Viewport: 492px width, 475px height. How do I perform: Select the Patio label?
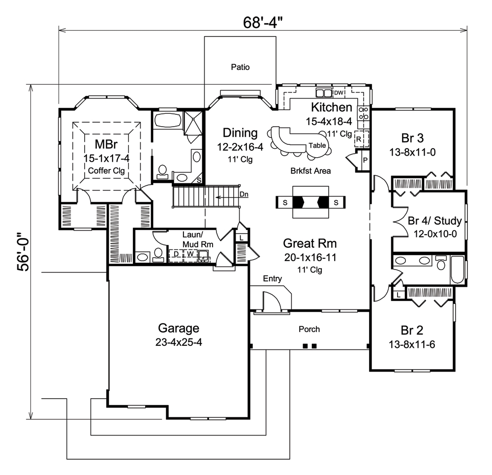pyautogui.click(x=240, y=68)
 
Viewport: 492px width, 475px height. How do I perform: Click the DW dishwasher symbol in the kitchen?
pyautogui.click(x=338, y=93)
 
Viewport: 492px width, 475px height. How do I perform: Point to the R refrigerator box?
pyautogui.click(x=359, y=139)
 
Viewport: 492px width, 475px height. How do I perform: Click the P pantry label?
pyautogui.click(x=365, y=161)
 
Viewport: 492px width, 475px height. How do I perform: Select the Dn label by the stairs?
pyautogui.click(x=244, y=194)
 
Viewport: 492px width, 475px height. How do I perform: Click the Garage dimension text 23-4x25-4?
pyautogui.click(x=179, y=342)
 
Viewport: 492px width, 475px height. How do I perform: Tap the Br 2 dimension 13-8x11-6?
pyautogui.click(x=411, y=344)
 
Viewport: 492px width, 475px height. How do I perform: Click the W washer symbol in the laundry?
pyautogui.click(x=189, y=254)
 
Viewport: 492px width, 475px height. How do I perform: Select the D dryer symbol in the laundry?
pyautogui.click(x=175, y=254)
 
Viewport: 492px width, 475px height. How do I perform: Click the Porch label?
pyautogui.click(x=309, y=329)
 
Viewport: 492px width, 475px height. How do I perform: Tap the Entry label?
pyautogui.click(x=272, y=279)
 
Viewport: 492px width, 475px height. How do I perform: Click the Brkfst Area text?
pyautogui.click(x=310, y=171)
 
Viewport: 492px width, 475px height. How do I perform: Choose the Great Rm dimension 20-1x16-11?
pyautogui.click(x=309, y=257)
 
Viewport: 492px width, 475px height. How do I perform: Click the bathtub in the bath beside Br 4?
pyautogui.click(x=457, y=270)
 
